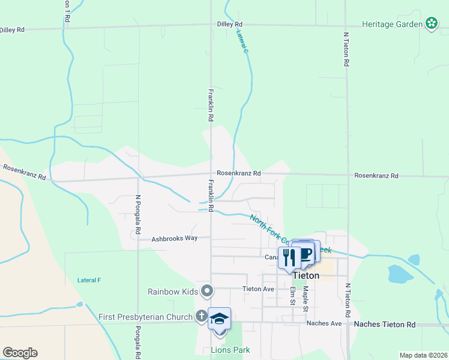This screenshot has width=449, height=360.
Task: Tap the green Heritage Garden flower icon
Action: (431, 24)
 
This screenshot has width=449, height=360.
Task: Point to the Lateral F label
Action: (89, 280)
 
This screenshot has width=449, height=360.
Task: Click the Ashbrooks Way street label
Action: (175, 238)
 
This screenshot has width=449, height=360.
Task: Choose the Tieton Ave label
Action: (258, 289)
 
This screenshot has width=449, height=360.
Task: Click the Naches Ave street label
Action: (324, 323)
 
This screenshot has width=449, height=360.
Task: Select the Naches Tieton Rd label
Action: (385, 324)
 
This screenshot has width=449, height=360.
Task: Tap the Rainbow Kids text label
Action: (173, 292)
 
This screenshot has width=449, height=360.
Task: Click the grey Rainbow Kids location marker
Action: (208, 292)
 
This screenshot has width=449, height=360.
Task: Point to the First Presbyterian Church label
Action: (145, 316)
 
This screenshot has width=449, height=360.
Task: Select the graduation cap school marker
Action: (219, 319)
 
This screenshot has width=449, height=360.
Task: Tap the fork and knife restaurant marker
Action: (289, 257)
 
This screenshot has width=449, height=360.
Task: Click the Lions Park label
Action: (230, 350)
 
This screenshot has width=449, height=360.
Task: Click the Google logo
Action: (20, 352)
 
